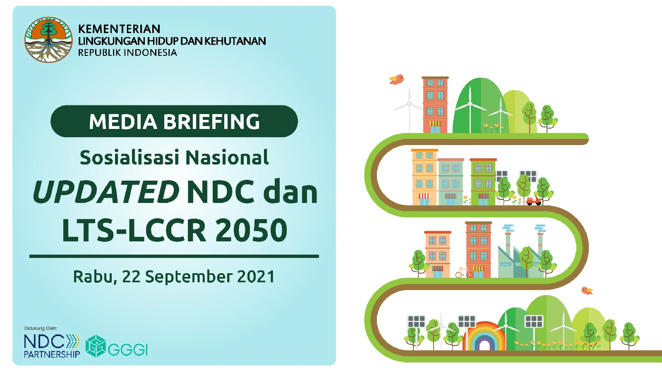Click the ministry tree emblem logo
(x=48, y=40)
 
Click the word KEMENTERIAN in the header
(x=119, y=29)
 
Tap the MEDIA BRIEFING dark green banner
(x=174, y=121)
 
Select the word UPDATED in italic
(x=106, y=192)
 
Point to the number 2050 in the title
(x=252, y=230)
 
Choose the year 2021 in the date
(x=256, y=277)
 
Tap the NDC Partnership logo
(x=52, y=346)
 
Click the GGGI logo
(x=116, y=346)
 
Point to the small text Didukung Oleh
(x=41, y=328)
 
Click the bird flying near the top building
(x=396, y=79)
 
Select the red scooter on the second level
(x=533, y=201)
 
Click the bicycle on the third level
(x=464, y=272)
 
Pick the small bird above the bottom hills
(x=587, y=291)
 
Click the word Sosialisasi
(x=130, y=157)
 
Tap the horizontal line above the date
(x=174, y=256)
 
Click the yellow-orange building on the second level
(x=424, y=177)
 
